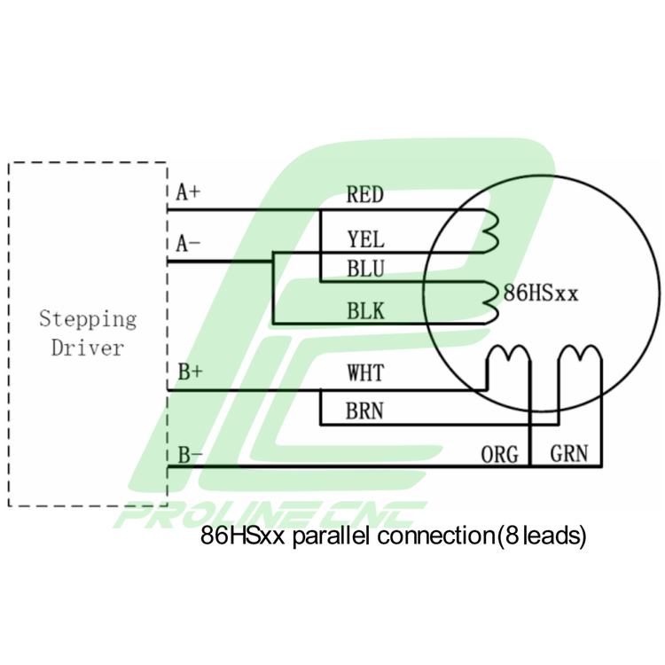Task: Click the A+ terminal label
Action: pyautogui.click(x=188, y=192)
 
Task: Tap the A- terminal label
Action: pyautogui.click(x=188, y=244)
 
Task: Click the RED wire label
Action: pyautogui.click(x=364, y=195)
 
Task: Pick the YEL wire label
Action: pyautogui.click(x=364, y=239)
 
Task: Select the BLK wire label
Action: pyautogui.click(x=364, y=311)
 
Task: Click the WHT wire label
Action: pyautogui.click(x=364, y=373)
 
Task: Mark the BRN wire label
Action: pyautogui.click(x=364, y=411)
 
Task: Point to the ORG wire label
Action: pyautogui.click(x=499, y=454)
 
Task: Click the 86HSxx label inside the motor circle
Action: pyautogui.click(x=541, y=292)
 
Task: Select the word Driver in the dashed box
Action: pyautogui.click(x=87, y=347)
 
